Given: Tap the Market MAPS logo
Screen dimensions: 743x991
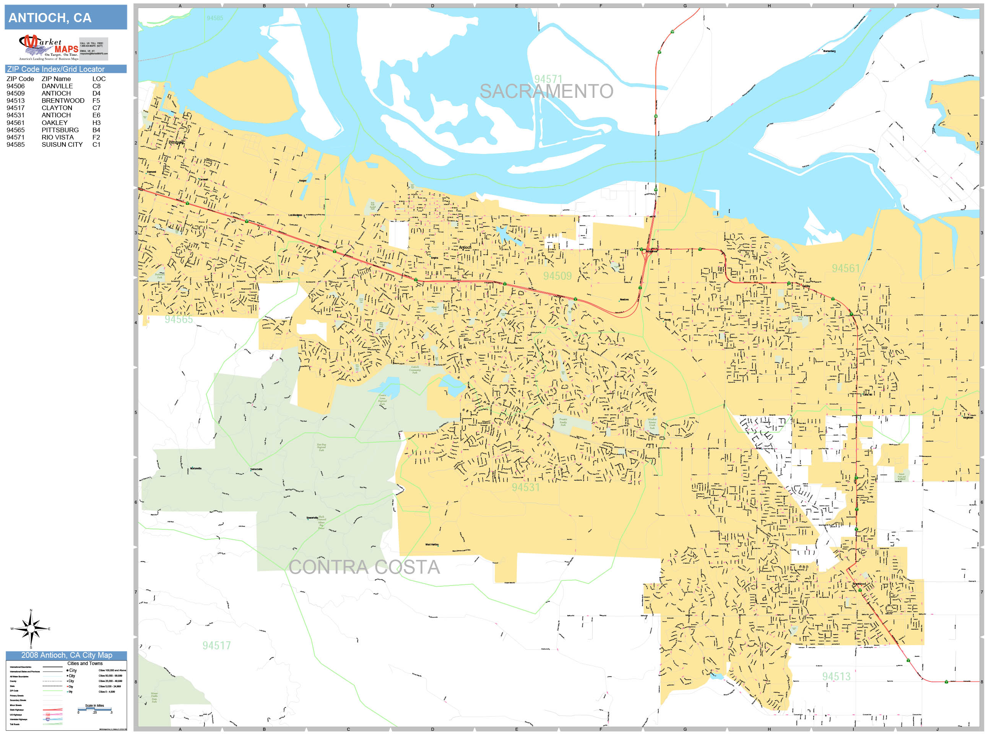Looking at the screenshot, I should tap(49, 47).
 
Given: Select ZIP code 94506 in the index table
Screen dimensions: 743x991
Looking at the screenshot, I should tap(16, 86).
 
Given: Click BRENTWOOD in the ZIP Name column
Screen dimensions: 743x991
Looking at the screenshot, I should tap(63, 100).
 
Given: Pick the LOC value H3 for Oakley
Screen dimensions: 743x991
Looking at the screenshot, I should tap(96, 122).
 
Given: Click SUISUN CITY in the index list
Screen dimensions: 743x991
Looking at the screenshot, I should tap(62, 144).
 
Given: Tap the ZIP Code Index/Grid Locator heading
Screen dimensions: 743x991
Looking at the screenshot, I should tap(55, 69).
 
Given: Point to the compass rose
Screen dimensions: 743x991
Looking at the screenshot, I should tap(31, 629).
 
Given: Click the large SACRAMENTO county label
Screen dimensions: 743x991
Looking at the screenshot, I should tap(546, 91).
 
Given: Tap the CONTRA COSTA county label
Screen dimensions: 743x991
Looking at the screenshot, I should tap(364, 567).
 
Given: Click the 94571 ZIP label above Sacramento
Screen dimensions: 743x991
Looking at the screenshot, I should tap(548, 79).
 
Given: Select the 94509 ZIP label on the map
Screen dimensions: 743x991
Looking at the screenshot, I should tap(557, 276).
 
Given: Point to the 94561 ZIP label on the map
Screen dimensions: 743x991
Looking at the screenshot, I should tap(846, 268).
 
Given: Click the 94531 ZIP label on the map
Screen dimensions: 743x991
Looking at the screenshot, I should tap(526, 487).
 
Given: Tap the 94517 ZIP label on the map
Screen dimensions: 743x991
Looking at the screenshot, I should tap(216, 646).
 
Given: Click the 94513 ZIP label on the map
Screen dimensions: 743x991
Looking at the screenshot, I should tap(836, 676).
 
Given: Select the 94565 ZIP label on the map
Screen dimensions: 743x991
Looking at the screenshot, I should tap(178, 319).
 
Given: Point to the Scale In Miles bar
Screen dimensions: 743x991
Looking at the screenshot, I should tap(94, 709).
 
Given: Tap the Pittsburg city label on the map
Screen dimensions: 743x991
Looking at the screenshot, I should tap(175, 143).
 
